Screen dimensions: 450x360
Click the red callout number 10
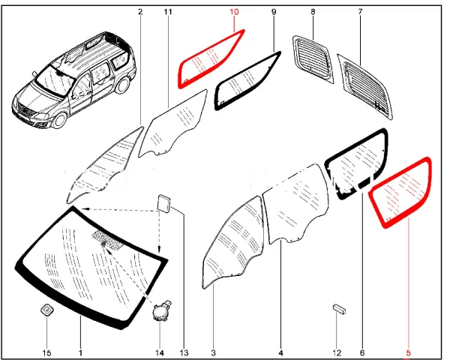click(234, 12)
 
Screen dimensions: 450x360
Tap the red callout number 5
click(409, 352)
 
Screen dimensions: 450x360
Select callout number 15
click(47, 352)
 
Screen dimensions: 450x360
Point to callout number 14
click(160, 352)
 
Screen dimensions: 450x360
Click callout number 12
click(337, 352)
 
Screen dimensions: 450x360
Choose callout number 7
click(361, 12)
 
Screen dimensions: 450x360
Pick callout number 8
click(313, 12)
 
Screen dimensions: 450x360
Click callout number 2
click(140, 12)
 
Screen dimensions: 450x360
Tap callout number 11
click(168, 12)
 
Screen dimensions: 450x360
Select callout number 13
click(184, 352)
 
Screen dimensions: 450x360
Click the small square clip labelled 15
click(46, 310)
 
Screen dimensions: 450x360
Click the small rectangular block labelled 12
click(339, 309)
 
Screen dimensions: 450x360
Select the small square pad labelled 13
click(163, 204)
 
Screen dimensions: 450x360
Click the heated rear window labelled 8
click(313, 58)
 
